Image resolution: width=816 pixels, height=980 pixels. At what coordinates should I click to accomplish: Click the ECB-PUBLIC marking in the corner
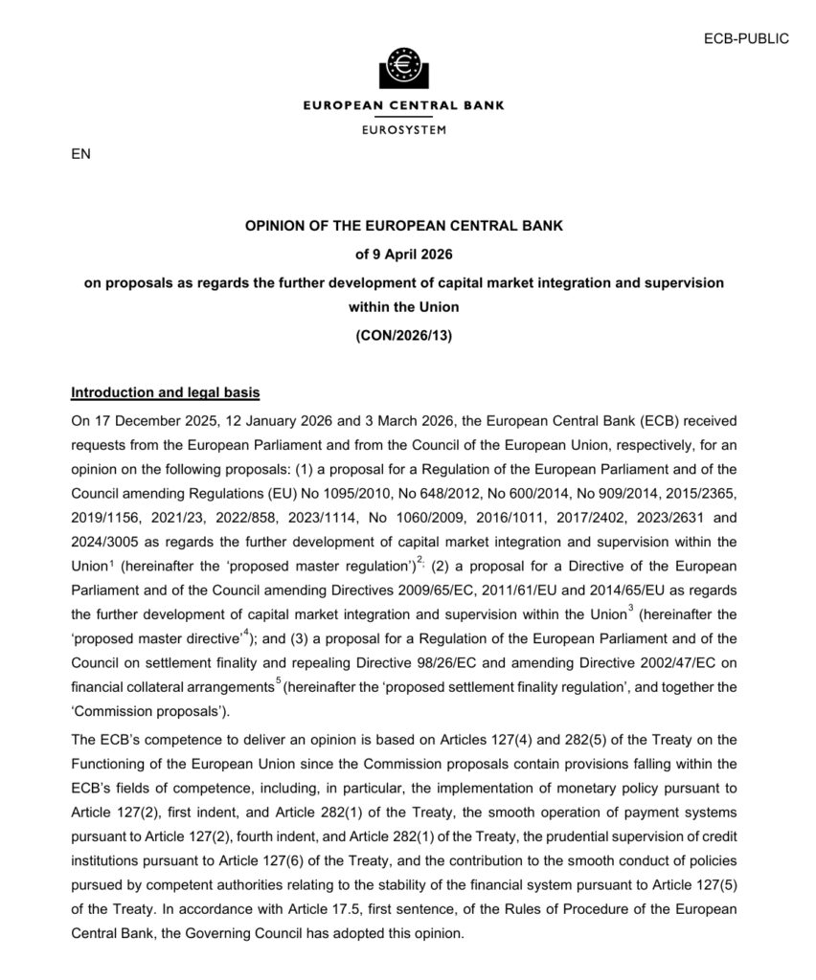pyautogui.click(x=746, y=38)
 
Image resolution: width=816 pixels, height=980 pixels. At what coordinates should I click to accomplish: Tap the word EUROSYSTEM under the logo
pyautogui.click(x=403, y=129)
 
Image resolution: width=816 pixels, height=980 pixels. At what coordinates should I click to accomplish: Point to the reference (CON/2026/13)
pyautogui.click(x=402, y=335)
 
